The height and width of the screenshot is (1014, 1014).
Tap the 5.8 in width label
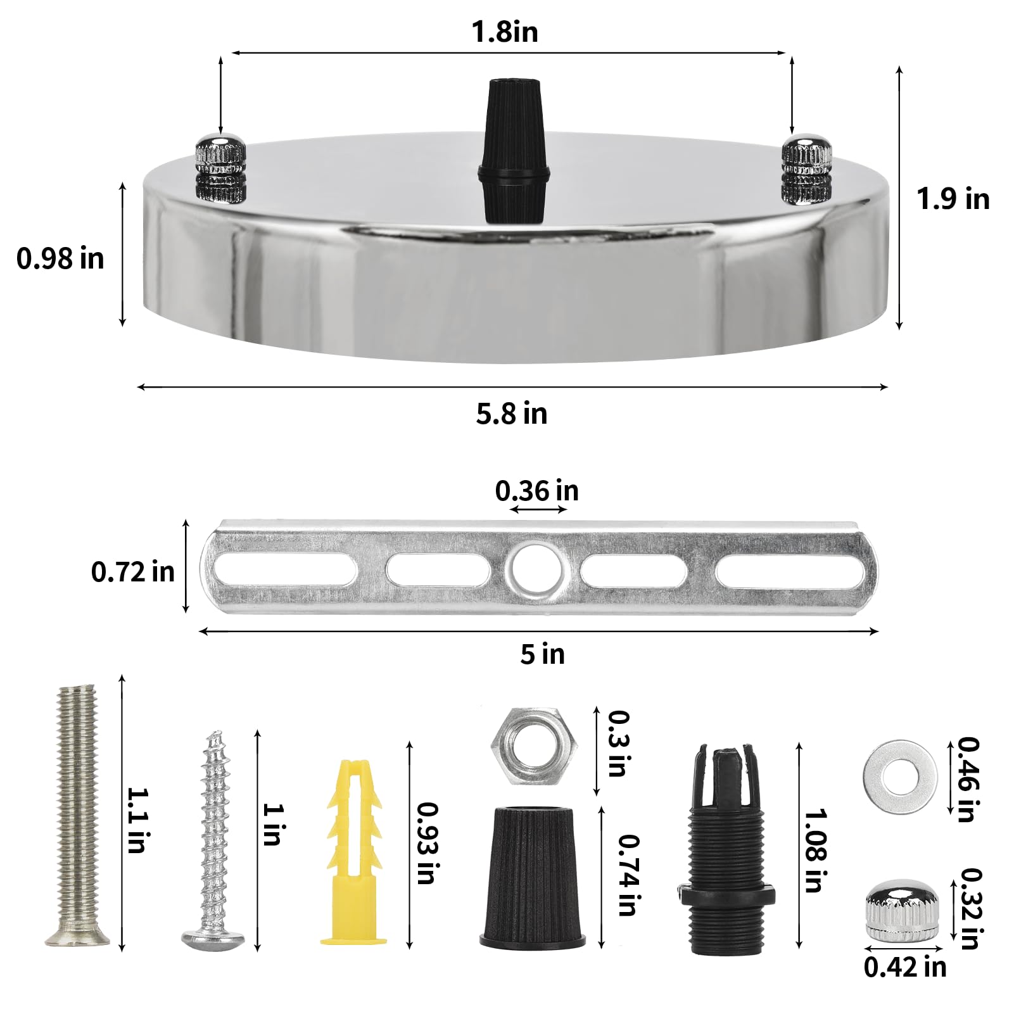coord(511,414)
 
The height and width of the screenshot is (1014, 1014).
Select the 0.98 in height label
coord(60,258)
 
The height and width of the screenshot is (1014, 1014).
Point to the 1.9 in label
coord(953,199)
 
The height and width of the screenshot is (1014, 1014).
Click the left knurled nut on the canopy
coord(219,169)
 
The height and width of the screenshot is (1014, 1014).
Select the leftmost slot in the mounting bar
coord(285,569)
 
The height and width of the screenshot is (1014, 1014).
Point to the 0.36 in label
coord(536,491)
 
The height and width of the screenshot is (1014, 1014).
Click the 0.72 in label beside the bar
coord(132,572)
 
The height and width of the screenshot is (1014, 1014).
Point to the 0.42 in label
coord(904,966)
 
